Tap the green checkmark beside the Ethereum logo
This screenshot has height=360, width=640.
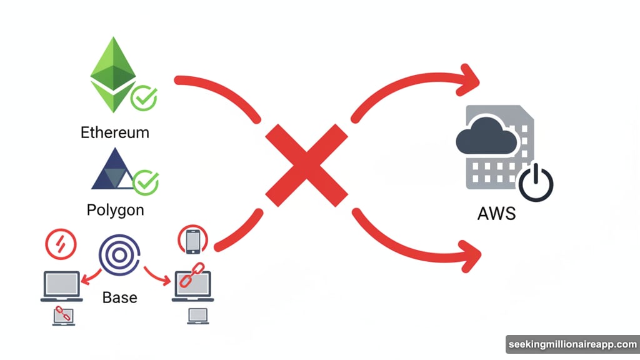pyautogui.click(x=144, y=98)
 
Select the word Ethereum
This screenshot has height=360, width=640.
pyautogui.click(x=115, y=132)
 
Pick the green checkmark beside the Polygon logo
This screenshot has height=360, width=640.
pyautogui.click(x=146, y=182)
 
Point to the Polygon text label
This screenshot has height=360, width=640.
pyautogui.click(x=115, y=209)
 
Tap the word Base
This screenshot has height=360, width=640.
pyautogui.click(x=119, y=296)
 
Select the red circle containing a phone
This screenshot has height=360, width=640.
pyautogui.click(x=193, y=241)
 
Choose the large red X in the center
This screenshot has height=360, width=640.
pyautogui.click(x=307, y=164)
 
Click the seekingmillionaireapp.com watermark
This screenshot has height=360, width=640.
pyautogui.click(x=571, y=344)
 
